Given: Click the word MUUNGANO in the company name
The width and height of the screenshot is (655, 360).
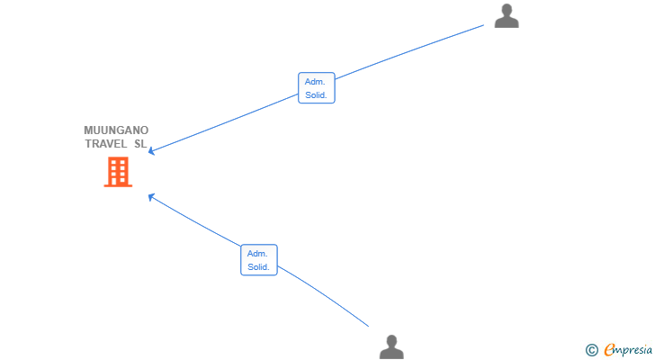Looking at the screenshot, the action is coord(116,130).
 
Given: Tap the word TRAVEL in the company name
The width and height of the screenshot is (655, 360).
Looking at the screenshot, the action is coord(106,144).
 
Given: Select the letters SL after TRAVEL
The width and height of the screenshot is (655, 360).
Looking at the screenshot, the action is coord(140,144).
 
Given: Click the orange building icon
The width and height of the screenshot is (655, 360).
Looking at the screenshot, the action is coord(118,172).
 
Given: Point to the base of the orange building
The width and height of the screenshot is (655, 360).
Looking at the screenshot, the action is coord(118,185).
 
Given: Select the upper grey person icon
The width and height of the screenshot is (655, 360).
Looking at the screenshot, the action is coord(507,16).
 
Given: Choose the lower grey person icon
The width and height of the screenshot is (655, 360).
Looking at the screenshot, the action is coord(391,346).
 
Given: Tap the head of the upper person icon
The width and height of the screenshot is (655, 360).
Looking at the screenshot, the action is coord(507,10).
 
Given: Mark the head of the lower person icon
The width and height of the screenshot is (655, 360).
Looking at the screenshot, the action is coord(391,341).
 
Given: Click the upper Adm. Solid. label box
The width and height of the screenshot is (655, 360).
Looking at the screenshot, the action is coord(317,87).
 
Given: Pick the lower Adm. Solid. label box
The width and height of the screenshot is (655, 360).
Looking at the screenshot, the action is coord(259,260).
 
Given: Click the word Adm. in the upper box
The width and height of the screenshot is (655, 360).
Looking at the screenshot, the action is coord(315,81).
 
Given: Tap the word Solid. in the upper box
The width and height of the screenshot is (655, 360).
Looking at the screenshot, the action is coord(316,95).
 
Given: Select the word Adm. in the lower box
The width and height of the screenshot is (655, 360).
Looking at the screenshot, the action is coord(257,254).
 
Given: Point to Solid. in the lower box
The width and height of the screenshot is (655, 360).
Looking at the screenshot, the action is coord(258,267).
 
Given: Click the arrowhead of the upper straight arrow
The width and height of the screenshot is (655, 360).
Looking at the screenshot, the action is coord(151,151).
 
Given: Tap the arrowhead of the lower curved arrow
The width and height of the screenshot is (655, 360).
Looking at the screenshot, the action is coord(151,197).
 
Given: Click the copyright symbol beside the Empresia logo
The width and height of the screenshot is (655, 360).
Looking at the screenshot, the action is coord(592,350).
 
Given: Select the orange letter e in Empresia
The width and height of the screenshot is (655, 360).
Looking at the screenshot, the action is coord(609,349).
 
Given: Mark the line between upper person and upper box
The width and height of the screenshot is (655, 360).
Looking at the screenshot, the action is coord(409,52).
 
